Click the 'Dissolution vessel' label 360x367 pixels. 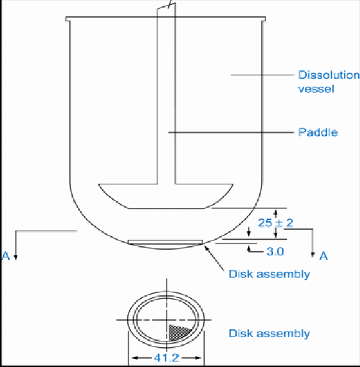[x=328, y=82]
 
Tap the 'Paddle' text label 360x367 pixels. [x=318, y=132]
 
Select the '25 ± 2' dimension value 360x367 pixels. [x=275, y=222]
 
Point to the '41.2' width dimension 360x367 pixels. [x=166, y=358]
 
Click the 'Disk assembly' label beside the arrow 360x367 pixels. [x=269, y=274]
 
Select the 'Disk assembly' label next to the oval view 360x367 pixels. [x=269, y=333]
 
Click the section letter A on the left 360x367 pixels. [x=6, y=256]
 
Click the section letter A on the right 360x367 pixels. [x=323, y=255]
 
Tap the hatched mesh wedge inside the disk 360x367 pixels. [x=179, y=332]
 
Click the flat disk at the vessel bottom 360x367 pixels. [x=165, y=242]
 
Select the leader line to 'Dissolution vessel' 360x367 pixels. [x=262, y=75]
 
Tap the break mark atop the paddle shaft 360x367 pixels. [x=168, y=6]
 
